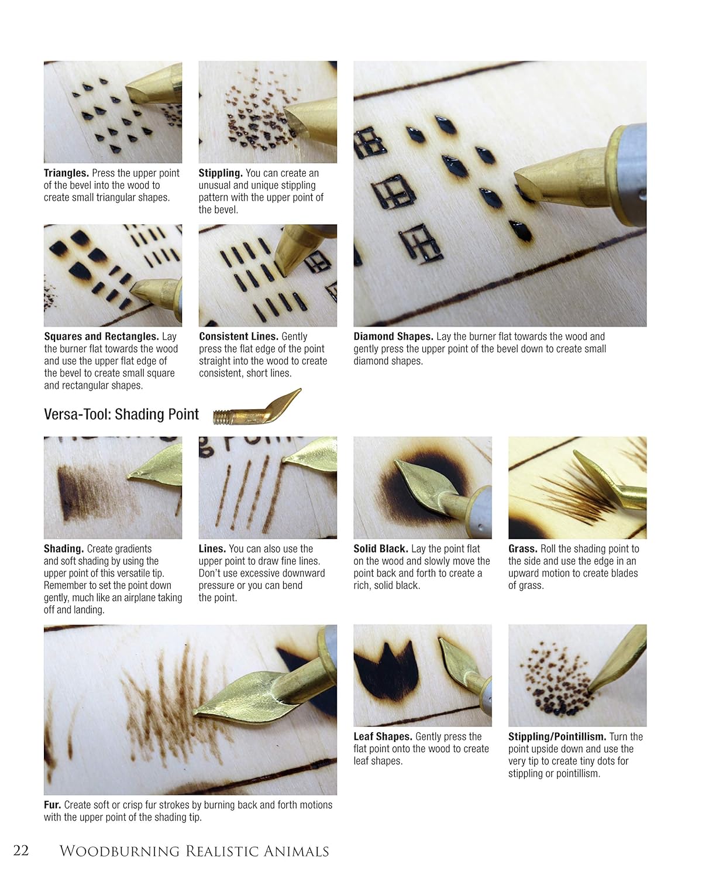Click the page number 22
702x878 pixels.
point(21,850)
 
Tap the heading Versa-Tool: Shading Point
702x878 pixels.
point(121,414)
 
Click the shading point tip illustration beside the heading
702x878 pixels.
point(257,407)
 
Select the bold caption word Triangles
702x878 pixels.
point(66,173)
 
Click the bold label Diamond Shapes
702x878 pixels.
point(393,337)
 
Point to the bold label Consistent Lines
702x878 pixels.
point(239,337)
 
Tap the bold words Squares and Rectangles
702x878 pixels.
point(101,337)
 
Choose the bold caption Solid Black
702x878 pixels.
point(381,549)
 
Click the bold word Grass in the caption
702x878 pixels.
point(522,549)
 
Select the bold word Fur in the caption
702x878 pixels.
point(52,805)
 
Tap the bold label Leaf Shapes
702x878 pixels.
point(383,736)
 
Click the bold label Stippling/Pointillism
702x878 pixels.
point(557,736)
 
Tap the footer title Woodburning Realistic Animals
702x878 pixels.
point(194,851)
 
